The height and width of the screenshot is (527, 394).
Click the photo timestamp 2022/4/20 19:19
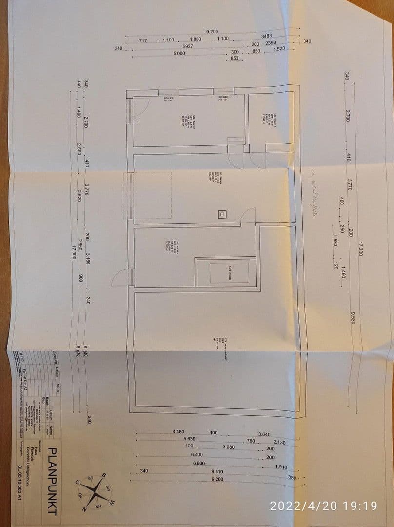(323, 506)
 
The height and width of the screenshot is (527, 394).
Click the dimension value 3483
(267, 36)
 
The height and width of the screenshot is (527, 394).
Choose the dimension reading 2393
(271, 43)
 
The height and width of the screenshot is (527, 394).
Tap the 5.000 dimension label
(179, 53)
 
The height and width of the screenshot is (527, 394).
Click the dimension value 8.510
(217, 471)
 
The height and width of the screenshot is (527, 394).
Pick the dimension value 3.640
(264, 435)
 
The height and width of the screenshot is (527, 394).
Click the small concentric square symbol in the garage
(222, 214)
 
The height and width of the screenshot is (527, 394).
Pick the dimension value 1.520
(279, 49)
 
